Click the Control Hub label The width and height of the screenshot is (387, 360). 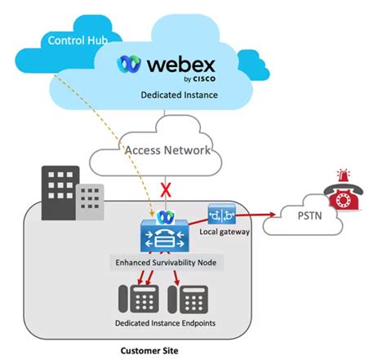pos(78,41)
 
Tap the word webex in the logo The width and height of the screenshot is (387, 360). pos(181,64)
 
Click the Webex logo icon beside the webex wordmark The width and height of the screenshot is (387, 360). pos(129,64)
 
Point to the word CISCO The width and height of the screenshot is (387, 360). pos(204,79)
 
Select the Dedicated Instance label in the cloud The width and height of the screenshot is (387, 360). pos(180,95)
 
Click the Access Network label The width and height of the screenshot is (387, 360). pos(167,150)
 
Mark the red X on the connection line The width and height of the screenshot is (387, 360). pos(166,190)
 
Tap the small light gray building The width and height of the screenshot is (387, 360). pos(90,202)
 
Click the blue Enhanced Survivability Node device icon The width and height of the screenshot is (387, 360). pos(164,235)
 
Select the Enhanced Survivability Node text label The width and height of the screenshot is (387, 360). pos(166,263)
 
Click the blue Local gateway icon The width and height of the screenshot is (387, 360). pos(221,214)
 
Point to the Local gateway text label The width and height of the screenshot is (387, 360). pos(225,232)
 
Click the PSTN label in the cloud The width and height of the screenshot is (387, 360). pos(309,216)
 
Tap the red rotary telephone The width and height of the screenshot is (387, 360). pos(344,197)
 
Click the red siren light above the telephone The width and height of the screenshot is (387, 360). pos(344,175)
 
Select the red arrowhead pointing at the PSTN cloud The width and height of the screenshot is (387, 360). pos(273,215)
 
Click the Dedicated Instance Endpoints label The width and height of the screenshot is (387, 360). pos(166,323)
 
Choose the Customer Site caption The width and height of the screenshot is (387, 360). pos(149,350)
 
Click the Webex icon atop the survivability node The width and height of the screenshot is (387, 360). pos(166,217)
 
